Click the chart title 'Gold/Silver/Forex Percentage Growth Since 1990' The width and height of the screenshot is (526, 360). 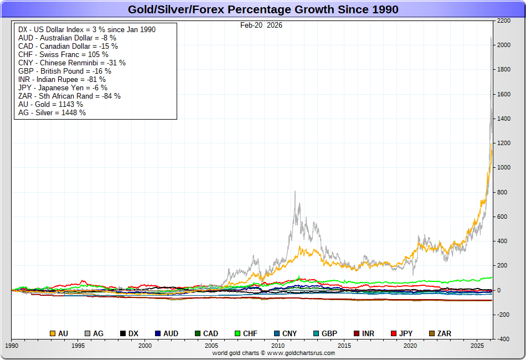[x=263, y=9]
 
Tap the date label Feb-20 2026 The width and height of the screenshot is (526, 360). [x=261, y=25]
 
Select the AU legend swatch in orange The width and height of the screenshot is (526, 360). [x=53, y=333]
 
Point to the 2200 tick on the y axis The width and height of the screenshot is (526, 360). [x=504, y=20]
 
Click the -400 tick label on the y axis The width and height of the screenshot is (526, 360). [x=503, y=339]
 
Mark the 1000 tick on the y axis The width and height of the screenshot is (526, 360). [x=504, y=168]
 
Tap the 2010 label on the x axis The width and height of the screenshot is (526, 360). [x=277, y=346]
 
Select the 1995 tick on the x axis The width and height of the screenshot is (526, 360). [x=78, y=346]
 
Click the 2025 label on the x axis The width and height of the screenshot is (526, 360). [x=477, y=346]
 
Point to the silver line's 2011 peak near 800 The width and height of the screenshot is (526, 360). [x=295, y=192]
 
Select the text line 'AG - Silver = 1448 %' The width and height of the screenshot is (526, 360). [x=52, y=112]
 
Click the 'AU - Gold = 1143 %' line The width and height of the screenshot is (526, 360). [x=51, y=104]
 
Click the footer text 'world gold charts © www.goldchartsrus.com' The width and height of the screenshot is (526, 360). [x=274, y=353]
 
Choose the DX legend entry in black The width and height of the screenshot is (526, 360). [x=129, y=333]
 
